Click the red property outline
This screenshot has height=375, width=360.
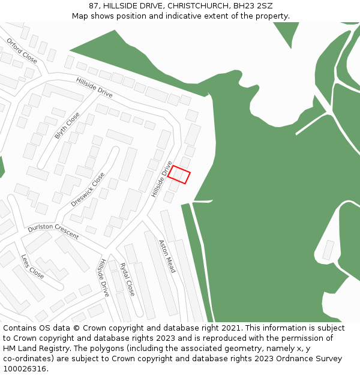pyautogui.click(x=179, y=175)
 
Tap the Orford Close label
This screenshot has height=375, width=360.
pyautogui.click(x=22, y=51)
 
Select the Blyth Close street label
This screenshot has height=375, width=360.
pyautogui.click(x=67, y=125)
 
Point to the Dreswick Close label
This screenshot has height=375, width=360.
pyautogui.click(x=88, y=190)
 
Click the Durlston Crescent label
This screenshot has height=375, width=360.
pyautogui.click(x=53, y=232)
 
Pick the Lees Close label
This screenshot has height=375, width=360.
pyautogui.click(x=32, y=266)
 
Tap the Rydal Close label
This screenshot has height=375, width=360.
pyautogui.click(x=127, y=279)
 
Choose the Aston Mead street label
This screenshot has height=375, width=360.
pyautogui.click(x=167, y=257)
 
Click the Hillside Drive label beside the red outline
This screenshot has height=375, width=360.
pyautogui.click(x=162, y=179)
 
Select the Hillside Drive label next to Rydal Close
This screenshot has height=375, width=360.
pyautogui.click(x=104, y=278)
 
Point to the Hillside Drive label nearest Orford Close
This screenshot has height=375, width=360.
pyautogui.click(x=94, y=88)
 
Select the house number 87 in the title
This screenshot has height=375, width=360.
pyautogui.click(x=94, y=5)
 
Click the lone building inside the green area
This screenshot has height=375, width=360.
pyautogui.click(x=328, y=250)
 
